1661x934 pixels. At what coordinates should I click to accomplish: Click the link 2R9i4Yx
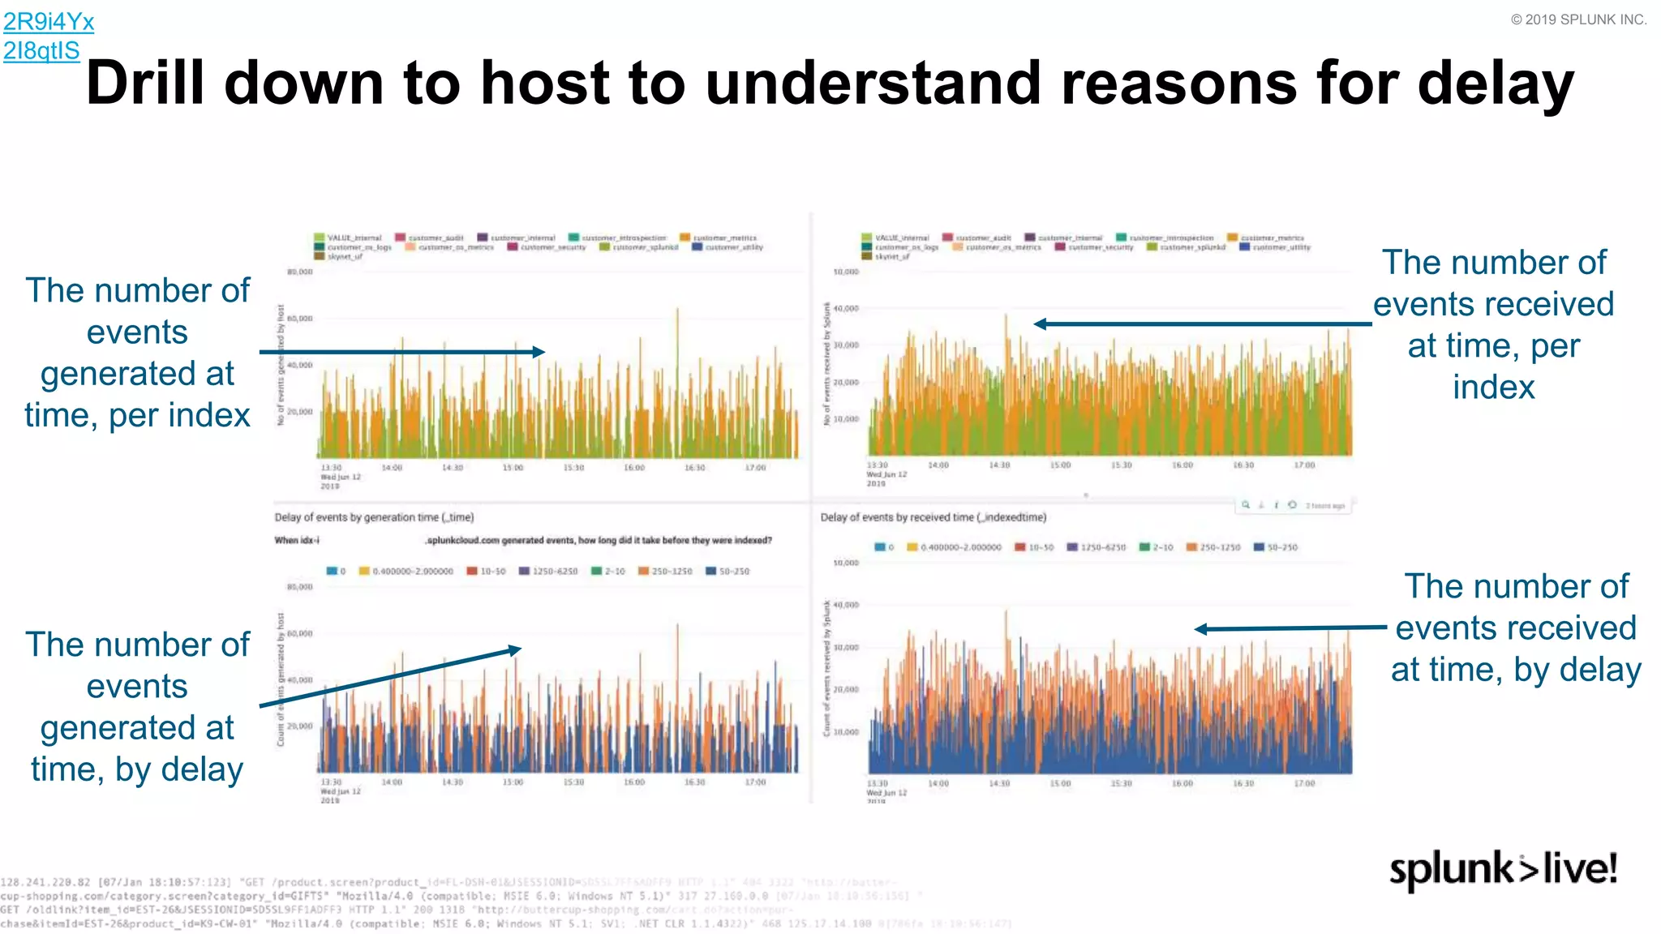click(x=49, y=21)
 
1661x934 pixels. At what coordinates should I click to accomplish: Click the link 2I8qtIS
click(x=41, y=50)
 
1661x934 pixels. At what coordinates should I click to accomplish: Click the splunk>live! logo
click(x=1503, y=870)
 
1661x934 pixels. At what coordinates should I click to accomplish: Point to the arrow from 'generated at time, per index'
click(x=401, y=352)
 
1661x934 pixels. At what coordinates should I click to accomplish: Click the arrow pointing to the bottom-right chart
click(x=1290, y=628)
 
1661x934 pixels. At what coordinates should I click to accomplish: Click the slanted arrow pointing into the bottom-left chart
click(x=389, y=678)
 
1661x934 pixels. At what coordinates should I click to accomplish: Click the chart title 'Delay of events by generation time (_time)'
click(x=374, y=517)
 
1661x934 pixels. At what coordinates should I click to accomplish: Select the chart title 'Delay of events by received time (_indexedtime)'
click(x=933, y=517)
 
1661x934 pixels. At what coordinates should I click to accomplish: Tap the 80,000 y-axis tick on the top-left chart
click(x=299, y=272)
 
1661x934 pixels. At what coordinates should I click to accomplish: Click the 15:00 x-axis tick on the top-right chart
click(x=1060, y=465)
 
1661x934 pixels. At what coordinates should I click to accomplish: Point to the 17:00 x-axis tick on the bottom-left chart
click(x=755, y=782)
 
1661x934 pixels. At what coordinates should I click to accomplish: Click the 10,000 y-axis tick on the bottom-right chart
click(x=846, y=732)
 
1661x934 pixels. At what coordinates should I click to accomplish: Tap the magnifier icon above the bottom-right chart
click(x=1246, y=505)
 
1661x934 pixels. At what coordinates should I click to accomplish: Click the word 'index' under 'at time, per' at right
click(x=1493, y=387)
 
